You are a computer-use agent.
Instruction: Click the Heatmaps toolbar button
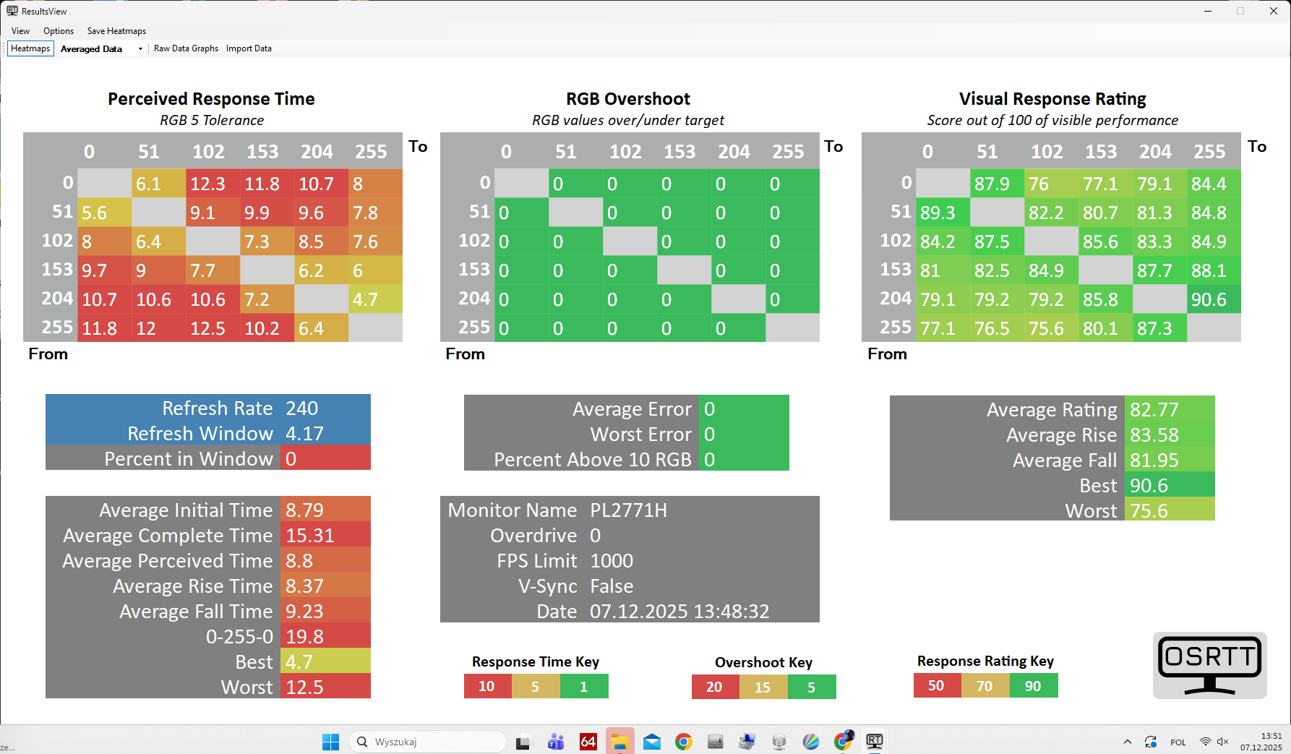(x=30, y=48)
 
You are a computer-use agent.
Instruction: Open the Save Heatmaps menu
(x=116, y=31)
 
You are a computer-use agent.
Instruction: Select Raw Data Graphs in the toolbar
(x=186, y=48)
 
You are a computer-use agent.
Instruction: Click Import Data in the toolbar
(x=249, y=48)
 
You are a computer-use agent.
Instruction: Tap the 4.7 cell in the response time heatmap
(x=375, y=299)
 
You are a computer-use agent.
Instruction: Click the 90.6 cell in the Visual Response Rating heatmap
(x=1214, y=299)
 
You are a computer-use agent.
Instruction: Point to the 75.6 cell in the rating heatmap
(x=1051, y=328)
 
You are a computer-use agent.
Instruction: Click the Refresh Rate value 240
(x=302, y=408)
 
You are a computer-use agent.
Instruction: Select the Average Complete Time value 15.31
(x=310, y=536)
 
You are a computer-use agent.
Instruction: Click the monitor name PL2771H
(x=628, y=510)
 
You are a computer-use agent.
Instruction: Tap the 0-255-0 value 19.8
(x=305, y=637)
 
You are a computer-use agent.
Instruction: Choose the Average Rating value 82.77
(x=1154, y=410)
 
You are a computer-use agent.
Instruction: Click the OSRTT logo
(x=1209, y=665)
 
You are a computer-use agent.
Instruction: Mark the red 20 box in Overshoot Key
(x=714, y=687)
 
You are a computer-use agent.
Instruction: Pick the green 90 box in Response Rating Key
(x=1033, y=686)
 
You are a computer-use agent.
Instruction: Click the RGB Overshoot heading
(x=627, y=99)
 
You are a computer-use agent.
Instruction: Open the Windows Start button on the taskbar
(x=330, y=742)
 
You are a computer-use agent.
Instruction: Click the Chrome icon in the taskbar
(x=683, y=742)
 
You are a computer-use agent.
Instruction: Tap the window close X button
(x=1273, y=11)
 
